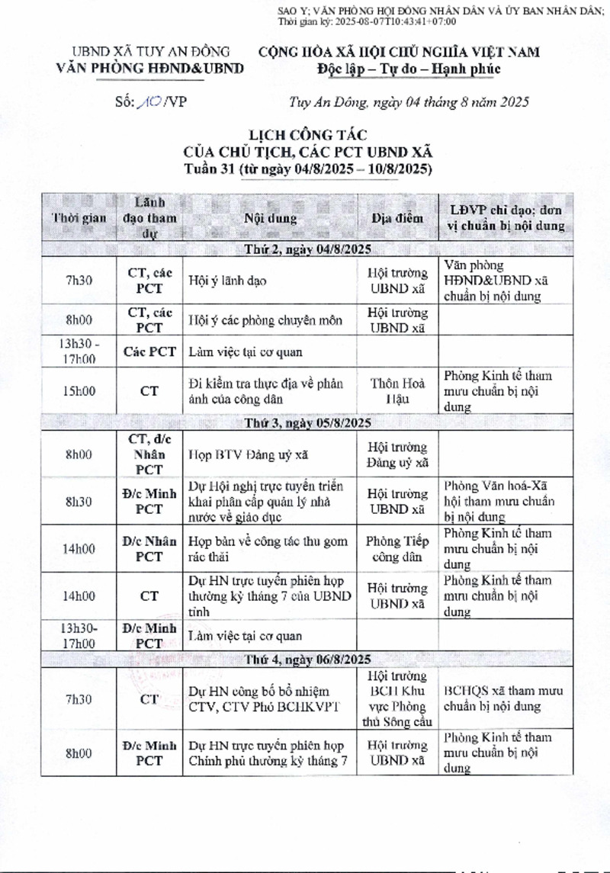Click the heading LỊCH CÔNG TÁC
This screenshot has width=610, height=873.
tap(309, 136)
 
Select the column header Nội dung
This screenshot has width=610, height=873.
tap(271, 218)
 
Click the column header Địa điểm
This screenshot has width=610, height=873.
tap(396, 218)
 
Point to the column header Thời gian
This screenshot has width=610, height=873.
tap(79, 218)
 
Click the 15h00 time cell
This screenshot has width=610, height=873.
tap(79, 390)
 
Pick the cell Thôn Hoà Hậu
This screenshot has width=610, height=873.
tap(396, 390)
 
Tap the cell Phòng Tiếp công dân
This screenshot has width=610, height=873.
tap(396, 549)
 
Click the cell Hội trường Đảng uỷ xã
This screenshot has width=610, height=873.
tap(396, 454)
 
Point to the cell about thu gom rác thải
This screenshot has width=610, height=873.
tap(268, 549)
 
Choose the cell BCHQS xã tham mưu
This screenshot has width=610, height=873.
tap(503, 698)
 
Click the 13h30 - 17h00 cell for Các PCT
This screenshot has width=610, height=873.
tap(79, 351)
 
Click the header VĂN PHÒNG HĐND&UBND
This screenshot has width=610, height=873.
tap(150, 69)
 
